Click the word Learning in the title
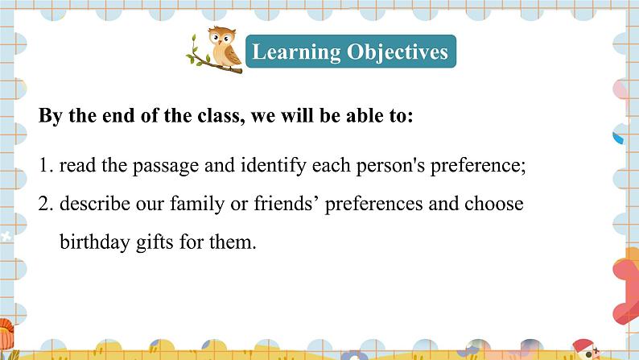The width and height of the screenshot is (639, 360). (296, 52)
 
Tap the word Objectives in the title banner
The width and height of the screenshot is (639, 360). (398, 52)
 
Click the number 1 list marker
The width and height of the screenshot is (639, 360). (46, 166)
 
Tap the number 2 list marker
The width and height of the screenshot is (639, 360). (46, 204)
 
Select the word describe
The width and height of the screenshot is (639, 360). (94, 204)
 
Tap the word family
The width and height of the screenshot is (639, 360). (197, 205)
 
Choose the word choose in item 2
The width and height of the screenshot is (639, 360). (494, 204)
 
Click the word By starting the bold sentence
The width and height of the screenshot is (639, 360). (50, 116)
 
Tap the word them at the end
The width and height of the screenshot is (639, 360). (233, 242)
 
